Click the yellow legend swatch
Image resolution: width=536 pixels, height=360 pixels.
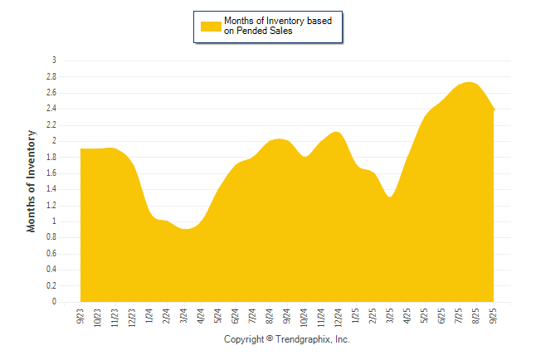click(211, 26)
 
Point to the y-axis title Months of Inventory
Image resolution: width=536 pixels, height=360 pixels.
click(32, 181)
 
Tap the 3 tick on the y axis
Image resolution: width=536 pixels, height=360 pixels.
click(54, 61)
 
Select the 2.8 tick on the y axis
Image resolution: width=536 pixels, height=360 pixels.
click(51, 76)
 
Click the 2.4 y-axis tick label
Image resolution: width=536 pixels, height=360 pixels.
click(51, 109)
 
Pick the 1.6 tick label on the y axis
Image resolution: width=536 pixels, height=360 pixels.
click(51, 173)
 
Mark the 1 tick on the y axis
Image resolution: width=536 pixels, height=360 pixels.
click(54, 221)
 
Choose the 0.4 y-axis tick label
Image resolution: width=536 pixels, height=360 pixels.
click(51, 270)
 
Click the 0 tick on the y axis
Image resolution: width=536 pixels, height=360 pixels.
click(54, 302)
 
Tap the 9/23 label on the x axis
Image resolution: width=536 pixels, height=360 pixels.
click(80, 316)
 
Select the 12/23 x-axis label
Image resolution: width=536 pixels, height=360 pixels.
click(132, 318)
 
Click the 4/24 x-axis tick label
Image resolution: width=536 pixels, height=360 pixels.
click(201, 316)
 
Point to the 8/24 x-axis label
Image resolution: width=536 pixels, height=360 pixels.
click(270, 316)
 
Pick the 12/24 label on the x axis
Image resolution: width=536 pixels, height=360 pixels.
click(339, 318)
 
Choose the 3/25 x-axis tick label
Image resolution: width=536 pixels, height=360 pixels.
click(390, 316)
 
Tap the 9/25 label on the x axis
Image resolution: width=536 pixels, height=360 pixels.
click(494, 316)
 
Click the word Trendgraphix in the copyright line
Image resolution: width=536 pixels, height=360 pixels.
click(306, 339)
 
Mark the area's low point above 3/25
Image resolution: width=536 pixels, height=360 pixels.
click(390, 197)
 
